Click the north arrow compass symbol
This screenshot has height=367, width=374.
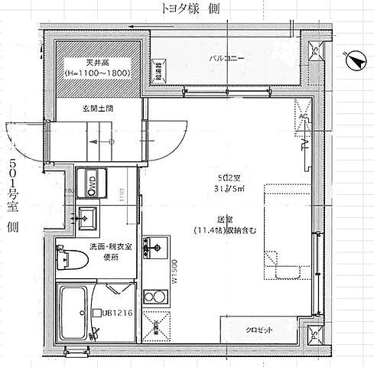point(353,58)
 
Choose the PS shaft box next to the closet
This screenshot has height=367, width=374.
point(315,335)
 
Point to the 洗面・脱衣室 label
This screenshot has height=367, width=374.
point(104,248)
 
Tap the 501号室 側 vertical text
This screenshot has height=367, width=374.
point(13,196)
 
